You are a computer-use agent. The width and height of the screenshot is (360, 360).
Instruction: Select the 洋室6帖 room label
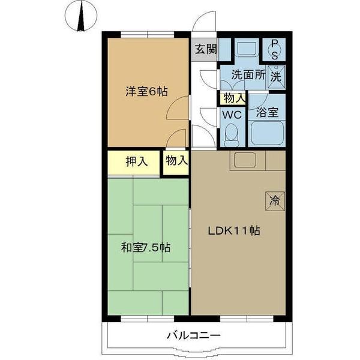146,92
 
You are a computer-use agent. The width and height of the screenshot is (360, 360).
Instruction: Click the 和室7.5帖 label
146,247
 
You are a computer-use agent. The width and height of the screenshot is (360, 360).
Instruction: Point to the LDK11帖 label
234,230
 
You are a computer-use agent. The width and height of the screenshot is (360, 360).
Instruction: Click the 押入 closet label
137,161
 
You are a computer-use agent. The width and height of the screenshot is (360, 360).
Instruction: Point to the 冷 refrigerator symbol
274,200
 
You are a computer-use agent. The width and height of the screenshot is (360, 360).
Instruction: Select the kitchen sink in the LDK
245,160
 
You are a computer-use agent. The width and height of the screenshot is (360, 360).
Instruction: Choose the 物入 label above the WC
234,98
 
